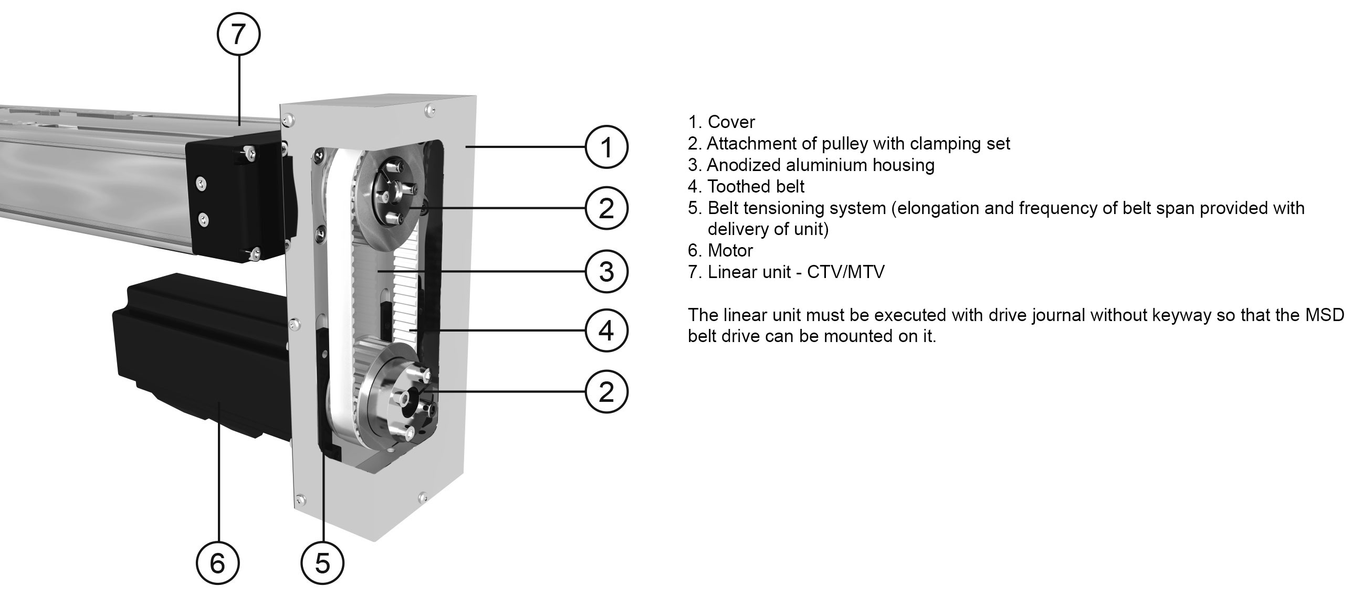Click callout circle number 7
click(x=238, y=34)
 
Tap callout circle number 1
click(x=606, y=147)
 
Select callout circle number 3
click(x=606, y=272)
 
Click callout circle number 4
click(x=606, y=331)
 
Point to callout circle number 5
click(x=322, y=563)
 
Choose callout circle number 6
click(x=217, y=563)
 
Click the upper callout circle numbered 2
click(x=606, y=208)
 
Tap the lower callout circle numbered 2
click(x=606, y=392)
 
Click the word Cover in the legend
click(x=731, y=122)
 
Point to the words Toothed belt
click(x=756, y=186)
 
